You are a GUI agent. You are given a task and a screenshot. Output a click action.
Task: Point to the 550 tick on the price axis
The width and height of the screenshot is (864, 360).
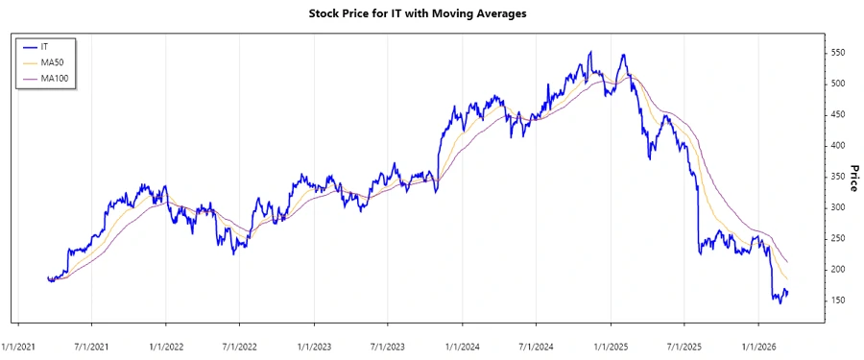click(838, 53)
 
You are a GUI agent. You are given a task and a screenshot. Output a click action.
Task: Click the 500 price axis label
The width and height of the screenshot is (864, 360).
click(838, 84)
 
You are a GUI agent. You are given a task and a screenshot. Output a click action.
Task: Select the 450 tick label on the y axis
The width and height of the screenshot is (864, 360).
click(838, 114)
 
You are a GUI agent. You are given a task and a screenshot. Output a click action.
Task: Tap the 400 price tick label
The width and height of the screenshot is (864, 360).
click(838, 146)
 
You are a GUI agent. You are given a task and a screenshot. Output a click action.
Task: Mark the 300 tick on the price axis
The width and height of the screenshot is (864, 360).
click(838, 207)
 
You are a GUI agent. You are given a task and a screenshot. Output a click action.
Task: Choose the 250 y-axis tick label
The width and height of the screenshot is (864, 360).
click(838, 238)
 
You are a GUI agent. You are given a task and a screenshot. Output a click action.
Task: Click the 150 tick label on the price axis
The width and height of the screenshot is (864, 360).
click(838, 300)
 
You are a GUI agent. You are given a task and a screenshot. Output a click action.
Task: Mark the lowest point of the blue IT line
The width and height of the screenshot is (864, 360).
click(780, 303)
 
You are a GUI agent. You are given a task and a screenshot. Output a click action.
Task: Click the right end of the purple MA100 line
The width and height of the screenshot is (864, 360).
click(788, 261)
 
